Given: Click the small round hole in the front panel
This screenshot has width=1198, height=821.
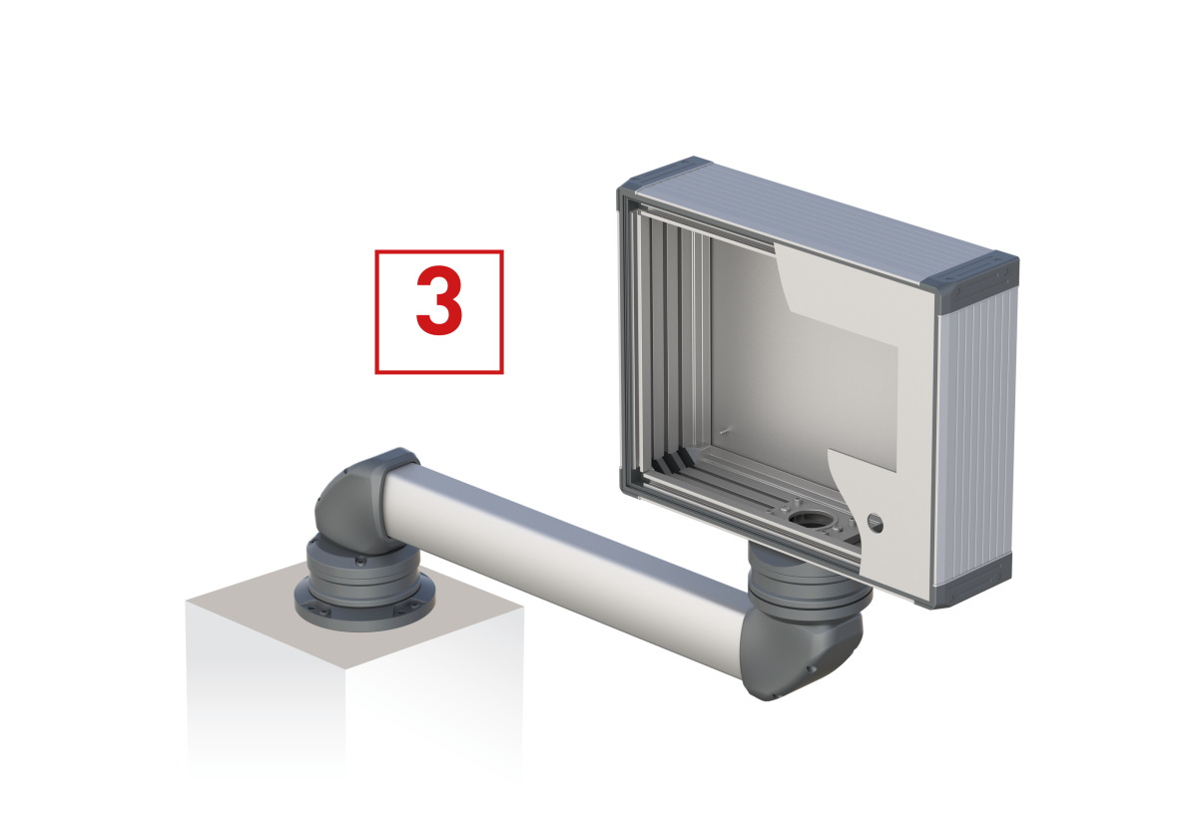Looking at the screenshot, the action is click(x=875, y=523).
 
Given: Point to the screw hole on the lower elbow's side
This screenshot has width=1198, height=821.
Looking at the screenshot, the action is click(x=812, y=668).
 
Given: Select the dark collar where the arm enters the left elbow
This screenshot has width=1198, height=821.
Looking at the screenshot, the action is click(x=398, y=466).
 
